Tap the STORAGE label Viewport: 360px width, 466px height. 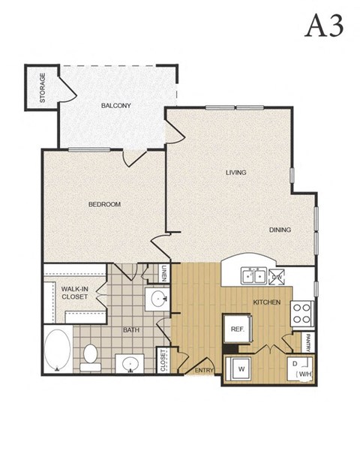43,87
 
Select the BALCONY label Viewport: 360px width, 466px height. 116,106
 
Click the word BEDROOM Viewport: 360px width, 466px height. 104,204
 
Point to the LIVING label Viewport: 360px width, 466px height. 236,173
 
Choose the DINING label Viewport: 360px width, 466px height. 280,230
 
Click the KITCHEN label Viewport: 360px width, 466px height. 267,302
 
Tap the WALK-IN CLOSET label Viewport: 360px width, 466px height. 75,292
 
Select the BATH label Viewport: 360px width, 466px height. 132,329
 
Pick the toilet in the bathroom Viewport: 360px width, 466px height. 91,357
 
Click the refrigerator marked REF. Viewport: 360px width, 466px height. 238,329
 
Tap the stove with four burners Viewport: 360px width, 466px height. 301,312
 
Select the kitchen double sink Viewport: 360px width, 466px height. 252,276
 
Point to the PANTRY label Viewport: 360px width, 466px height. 307,341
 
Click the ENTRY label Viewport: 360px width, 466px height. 204,370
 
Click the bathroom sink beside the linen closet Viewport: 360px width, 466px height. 158,300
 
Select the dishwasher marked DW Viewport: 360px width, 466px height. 277,276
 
